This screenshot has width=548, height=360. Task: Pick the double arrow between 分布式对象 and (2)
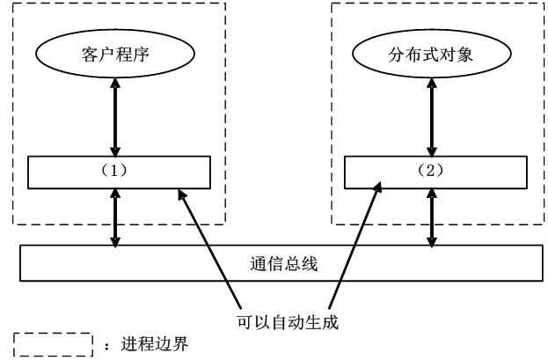click(431, 116)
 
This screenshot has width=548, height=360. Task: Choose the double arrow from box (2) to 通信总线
click(431, 218)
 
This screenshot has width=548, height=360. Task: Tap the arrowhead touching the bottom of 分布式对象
click(431, 85)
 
